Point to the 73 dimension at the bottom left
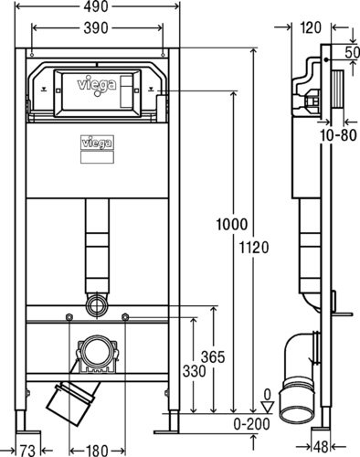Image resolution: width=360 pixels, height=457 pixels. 26,449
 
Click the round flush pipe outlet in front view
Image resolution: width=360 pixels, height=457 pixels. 97,302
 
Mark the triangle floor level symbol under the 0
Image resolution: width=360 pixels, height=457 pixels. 266,409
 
